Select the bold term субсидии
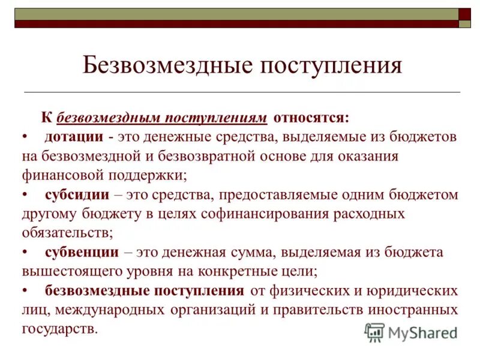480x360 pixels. (77, 194)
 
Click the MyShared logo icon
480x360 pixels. (374, 332)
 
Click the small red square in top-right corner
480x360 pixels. (464, 14)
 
